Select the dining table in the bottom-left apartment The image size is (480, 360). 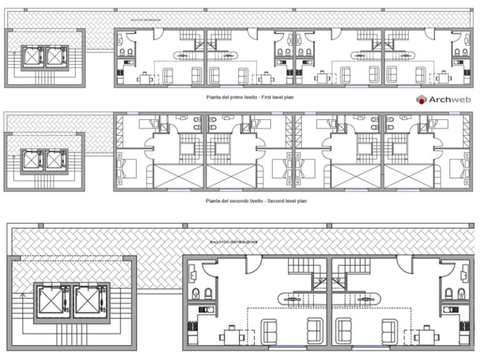point(232,335)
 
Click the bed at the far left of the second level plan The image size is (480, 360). point(124,168)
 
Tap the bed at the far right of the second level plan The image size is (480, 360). point(463,168)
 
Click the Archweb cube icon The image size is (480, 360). point(422,99)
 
